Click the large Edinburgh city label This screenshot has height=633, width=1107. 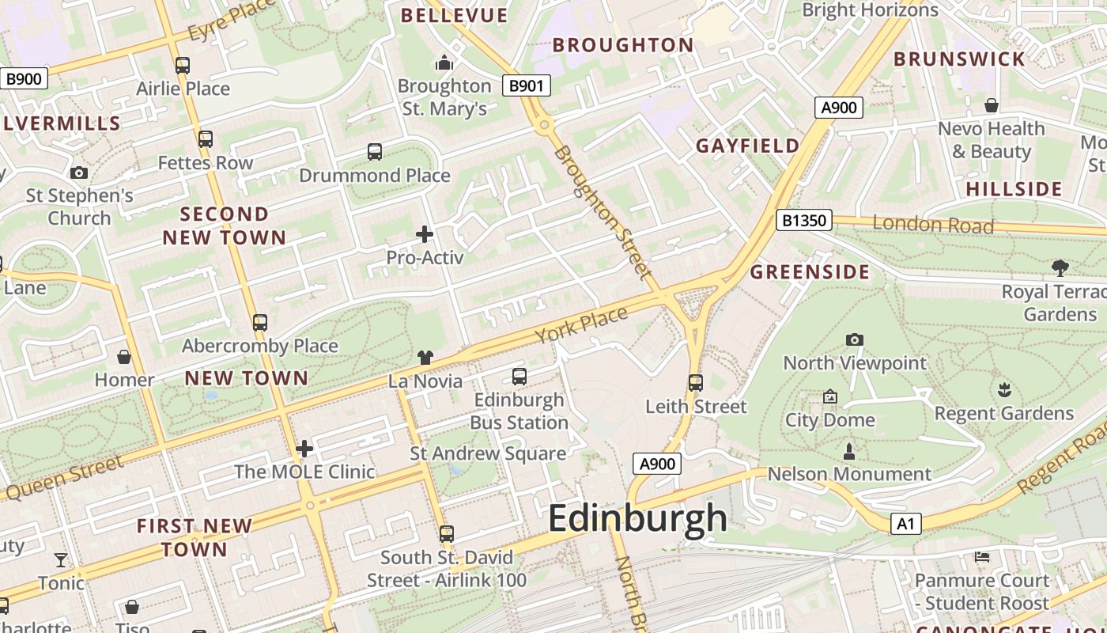[637, 519]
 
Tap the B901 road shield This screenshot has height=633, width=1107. [527, 85]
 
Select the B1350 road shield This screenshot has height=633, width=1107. [804, 220]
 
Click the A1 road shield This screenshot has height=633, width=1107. [906, 523]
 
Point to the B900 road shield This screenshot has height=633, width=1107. [24, 78]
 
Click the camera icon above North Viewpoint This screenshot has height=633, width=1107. [854, 339]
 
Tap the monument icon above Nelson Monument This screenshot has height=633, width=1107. [849, 451]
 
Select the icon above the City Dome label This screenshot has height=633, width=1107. [829, 396]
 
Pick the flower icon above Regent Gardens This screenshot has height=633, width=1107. [1004, 389]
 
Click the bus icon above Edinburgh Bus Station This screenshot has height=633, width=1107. [519, 377]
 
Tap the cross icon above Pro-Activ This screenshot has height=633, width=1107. [425, 233]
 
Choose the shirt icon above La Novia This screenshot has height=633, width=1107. [425, 358]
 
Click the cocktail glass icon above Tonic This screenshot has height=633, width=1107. [61, 560]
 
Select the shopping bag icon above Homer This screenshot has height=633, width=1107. [124, 357]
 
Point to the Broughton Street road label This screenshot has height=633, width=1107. [603, 212]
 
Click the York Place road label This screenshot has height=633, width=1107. [581, 324]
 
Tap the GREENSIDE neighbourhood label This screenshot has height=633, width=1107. [810, 272]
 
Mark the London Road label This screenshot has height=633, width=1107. [933, 225]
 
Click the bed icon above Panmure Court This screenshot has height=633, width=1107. [982, 557]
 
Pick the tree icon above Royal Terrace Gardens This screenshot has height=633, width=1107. [1060, 267]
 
